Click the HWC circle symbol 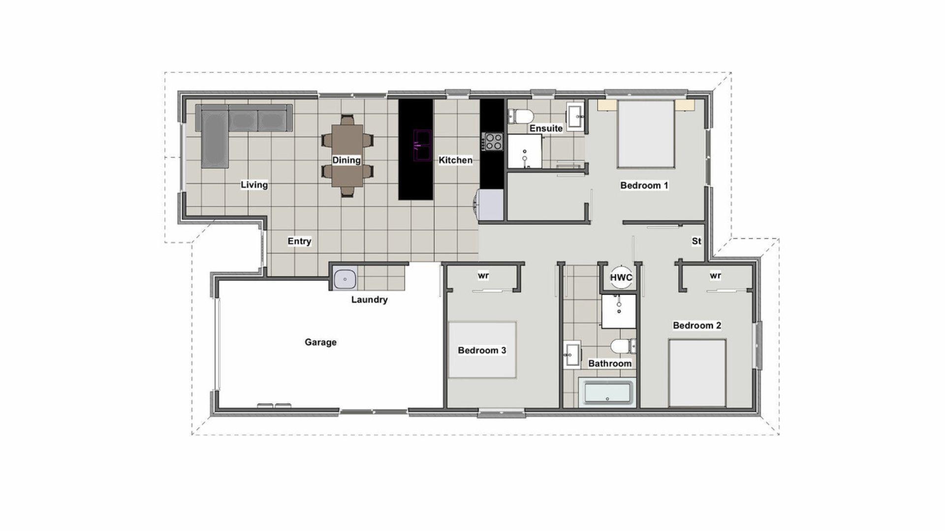[621, 277]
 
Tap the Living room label [254, 185]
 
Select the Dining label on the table [346, 160]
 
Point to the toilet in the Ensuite [522, 117]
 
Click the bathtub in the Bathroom [607, 393]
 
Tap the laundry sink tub [345, 279]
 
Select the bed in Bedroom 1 [645, 134]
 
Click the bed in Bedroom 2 [697, 373]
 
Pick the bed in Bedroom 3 [482, 350]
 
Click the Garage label [320, 342]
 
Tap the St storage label [696, 241]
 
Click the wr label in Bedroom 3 [483, 276]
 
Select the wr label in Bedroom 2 [715, 276]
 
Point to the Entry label [299, 241]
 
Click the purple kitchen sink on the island [422, 145]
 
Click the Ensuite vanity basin [575, 117]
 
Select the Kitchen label [455, 160]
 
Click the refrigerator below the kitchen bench [490, 205]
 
